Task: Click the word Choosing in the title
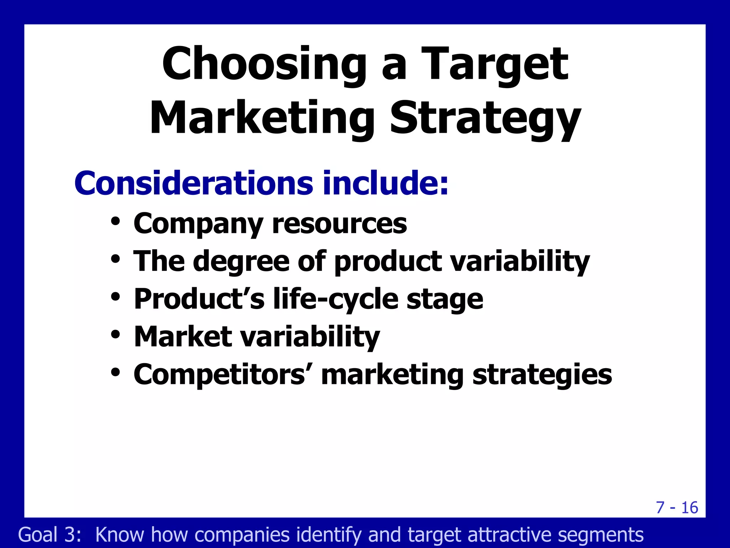click(264, 64)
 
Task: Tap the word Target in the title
click(495, 64)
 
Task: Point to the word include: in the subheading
click(385, 183)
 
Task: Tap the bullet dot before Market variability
click(115, 334)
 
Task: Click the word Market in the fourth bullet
click(183, 337)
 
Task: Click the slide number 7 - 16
click(677, 508)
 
